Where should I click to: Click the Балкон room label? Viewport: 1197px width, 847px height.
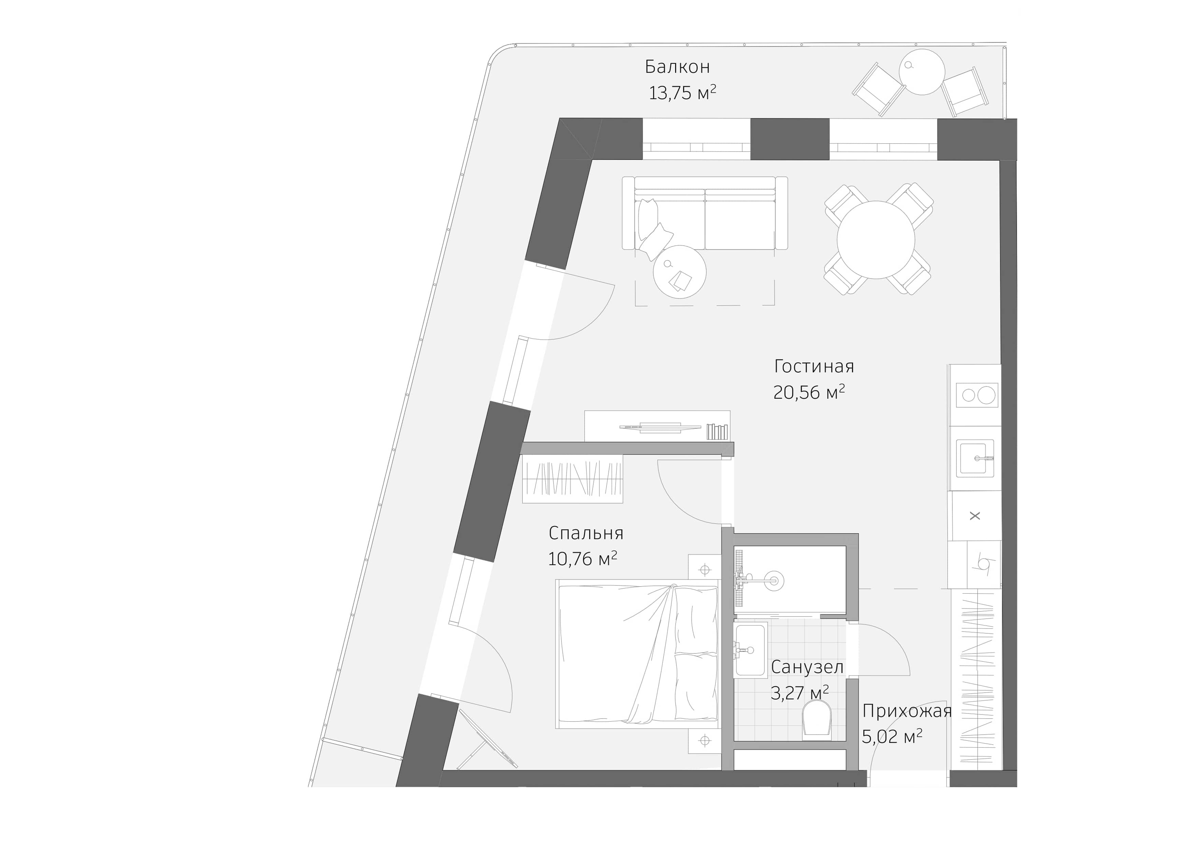[x=677, y=67]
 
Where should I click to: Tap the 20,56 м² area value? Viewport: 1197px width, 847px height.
[x=809, y=392]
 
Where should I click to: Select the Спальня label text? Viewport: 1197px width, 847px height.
[x=586, y=533]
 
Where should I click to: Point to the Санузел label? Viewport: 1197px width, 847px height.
[x=807, y=667]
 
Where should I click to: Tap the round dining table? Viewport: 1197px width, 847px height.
[x=876, y=240]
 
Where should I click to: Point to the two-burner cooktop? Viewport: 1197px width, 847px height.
[x=977, y=395]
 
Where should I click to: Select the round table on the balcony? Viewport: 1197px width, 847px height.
[x=922, y=72]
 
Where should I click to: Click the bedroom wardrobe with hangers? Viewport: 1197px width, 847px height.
[x=573, y=479]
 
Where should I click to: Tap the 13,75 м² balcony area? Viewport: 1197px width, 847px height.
[x=682, y=93]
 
